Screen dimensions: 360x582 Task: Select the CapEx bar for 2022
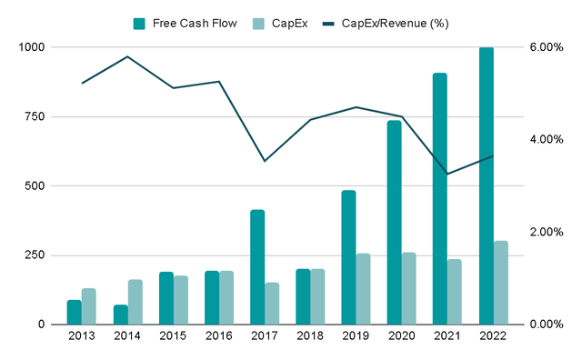pyautogui.click(x=501, y=283)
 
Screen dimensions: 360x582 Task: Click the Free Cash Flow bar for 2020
pyautogui.click(x=395, y=223)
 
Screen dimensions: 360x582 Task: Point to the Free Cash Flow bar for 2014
pyautogui.click(x=120, y=315)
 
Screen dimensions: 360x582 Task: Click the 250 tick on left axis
pyautogui.click(x=42, y=255)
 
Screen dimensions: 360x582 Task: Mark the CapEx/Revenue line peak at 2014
pyautogui.click(x=127, y=56)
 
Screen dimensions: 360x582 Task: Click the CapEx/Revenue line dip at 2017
pyautogui.click(x=265, y=161)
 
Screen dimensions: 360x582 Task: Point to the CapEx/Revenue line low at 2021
pyautogui.click(x=447, y=174)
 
